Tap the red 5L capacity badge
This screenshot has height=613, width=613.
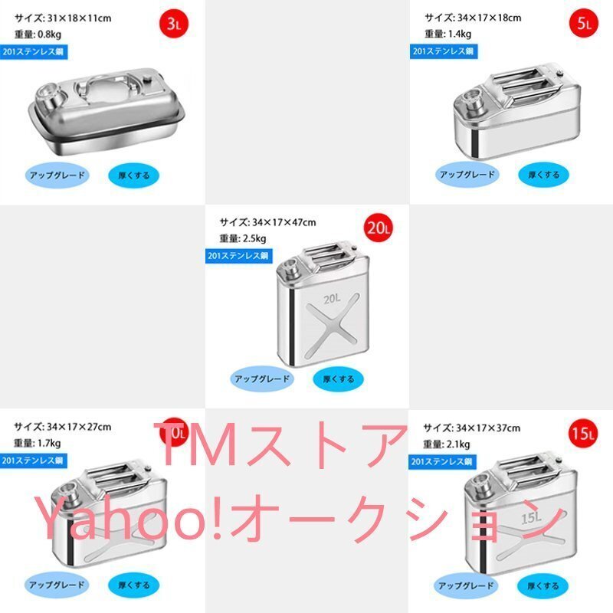click(x=584, y=24)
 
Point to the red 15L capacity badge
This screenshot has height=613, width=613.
click(x=584, y=434)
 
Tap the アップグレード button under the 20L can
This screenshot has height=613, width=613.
click(x=262, y=379)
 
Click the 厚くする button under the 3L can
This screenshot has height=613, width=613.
click(x=134, y=175)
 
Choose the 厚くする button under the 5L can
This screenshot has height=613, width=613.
click(x=543, y=175)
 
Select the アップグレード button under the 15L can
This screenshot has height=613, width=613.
click(x=467, y=584)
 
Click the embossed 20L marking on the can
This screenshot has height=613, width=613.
click(x=332, y=298)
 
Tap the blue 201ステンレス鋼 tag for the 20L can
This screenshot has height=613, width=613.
click(x=238, y=256)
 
